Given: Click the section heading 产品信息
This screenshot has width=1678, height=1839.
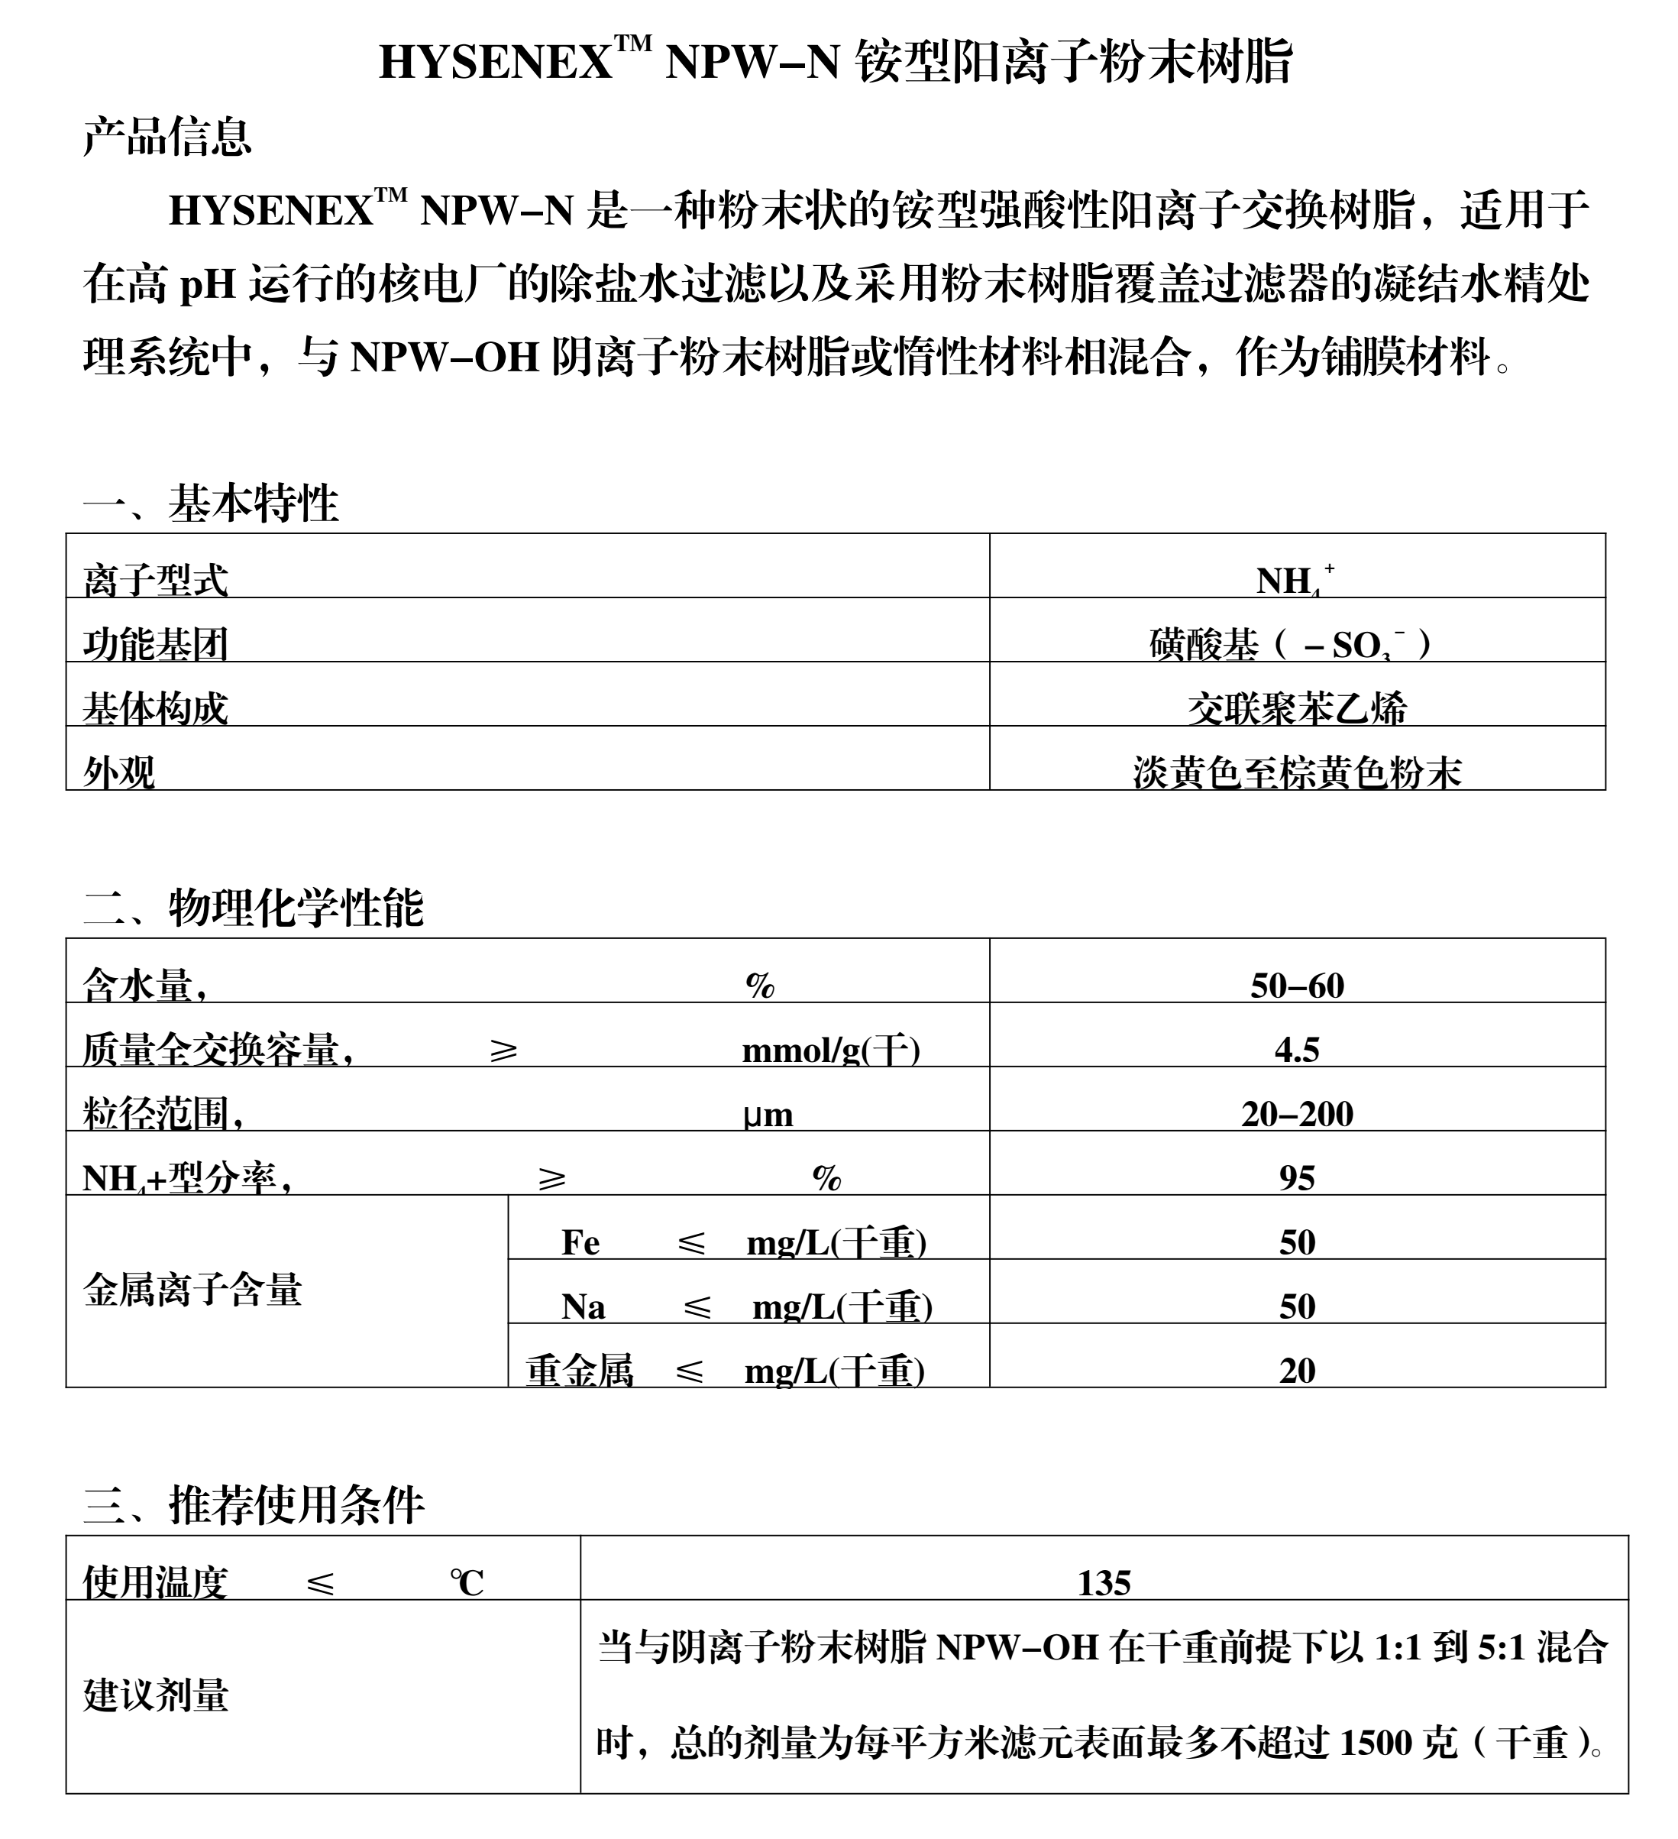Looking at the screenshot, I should tap(167, 137).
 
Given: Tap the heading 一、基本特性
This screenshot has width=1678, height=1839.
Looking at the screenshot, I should tap(211, 503).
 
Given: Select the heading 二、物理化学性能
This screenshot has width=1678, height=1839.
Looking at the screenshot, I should tap(253, 907).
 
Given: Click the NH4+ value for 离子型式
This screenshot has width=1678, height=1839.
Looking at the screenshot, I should tap(1295, 579).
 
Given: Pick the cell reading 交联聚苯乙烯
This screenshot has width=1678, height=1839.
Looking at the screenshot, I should tap(1297, 708).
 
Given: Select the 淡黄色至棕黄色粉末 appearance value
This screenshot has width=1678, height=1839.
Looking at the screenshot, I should tap(1297, 772).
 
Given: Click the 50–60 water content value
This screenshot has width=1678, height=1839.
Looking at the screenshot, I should tap(1297, 985).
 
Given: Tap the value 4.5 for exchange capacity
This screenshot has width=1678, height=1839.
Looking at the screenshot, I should tap(1297, 1050).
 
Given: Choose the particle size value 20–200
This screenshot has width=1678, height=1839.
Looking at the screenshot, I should tap(1297, 1114).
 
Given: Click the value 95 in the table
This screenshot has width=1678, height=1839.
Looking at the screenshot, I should tap(1297, 1177).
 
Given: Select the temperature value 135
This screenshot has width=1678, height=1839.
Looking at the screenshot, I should tap(1104, 1583).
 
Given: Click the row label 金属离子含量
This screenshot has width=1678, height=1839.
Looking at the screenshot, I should tap(192, 1290).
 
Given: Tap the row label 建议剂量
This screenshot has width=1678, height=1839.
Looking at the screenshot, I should tap(156, 1695).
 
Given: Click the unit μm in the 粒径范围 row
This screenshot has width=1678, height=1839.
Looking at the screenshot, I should tap(768, 1115).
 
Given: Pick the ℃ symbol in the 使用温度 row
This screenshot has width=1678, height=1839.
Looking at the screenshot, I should tap(466, 1583).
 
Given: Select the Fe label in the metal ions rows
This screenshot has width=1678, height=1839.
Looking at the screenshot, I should tap(580, 1242).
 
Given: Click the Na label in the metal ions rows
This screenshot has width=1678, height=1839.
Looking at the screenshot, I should tap(583, 1307).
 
